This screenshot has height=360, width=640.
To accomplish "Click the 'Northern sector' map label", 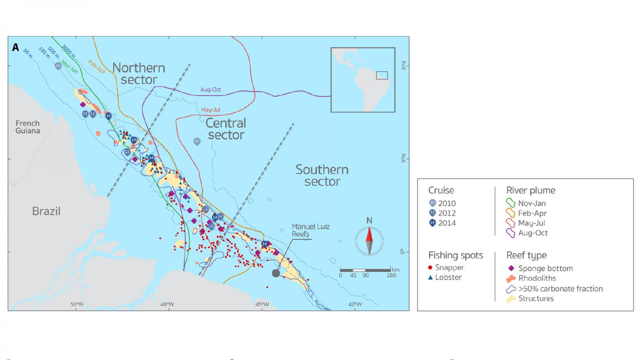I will [x=138, y=74].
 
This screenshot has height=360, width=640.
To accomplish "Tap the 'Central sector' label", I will [x=226, y=128].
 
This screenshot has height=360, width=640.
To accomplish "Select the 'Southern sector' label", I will [x=322, y=176].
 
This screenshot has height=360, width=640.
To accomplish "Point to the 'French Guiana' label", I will [x=28, y=127].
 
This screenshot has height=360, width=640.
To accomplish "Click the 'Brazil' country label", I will [x=46, y=211].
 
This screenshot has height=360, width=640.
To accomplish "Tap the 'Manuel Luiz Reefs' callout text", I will [x=311, y=230].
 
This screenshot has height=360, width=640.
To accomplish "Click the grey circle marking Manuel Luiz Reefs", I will [x=276, y=273].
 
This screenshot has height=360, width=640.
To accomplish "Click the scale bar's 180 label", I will [x=391, y=276].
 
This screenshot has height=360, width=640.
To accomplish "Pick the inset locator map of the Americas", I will [x=363, y=80].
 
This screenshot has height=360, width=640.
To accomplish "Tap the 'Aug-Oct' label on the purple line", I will [x=210, y=89].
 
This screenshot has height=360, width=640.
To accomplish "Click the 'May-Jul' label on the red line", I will [x=211, y=109].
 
